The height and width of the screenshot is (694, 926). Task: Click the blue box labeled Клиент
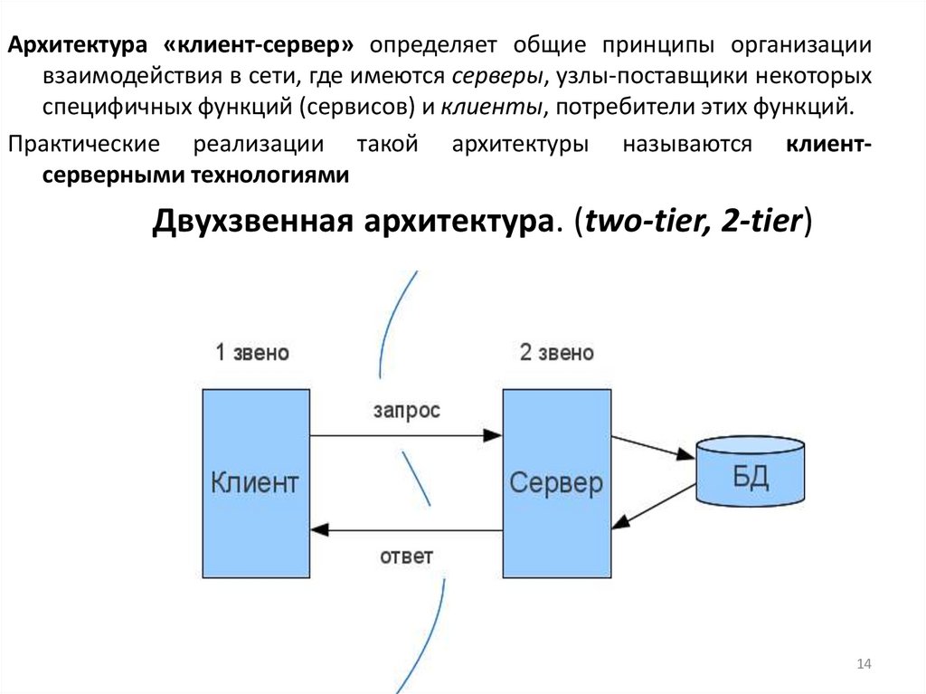(255, 483)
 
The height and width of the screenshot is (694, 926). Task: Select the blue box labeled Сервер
(556, 483)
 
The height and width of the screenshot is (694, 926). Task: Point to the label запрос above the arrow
(406, 410)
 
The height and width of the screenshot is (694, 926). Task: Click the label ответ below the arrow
(406, 555)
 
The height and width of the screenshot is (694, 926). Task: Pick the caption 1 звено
(252, 353)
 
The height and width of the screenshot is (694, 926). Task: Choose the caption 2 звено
(557, 353)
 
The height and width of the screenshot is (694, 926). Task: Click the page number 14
(863, 665)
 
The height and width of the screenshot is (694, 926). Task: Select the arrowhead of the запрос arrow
(493, 435)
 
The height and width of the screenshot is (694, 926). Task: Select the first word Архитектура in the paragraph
(79, 45)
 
